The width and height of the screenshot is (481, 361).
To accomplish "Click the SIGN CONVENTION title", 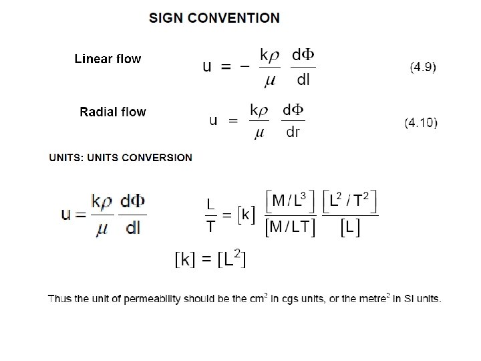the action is click(214, 18).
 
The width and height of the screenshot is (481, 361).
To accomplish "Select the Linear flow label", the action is click(108, 59).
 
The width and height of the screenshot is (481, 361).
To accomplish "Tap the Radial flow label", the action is click(113, 112).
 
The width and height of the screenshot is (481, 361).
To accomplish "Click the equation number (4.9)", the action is click(423, 67).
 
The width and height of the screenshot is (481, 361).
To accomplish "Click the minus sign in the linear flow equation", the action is click(245, 66).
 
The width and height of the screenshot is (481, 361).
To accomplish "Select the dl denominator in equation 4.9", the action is click(303, 80).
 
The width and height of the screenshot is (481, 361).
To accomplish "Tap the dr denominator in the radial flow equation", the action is click(293, 132).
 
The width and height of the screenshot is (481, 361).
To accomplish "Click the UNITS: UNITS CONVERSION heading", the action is click(121, 158).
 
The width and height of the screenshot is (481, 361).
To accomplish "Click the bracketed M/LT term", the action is click(289, 227).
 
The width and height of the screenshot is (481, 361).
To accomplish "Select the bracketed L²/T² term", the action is click(350, 199).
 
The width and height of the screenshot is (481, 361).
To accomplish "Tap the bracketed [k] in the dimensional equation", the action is click(247, 215).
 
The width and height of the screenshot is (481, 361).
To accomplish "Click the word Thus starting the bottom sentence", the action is click(57, 299).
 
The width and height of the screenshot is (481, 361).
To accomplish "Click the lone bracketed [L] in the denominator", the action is click(350, 227).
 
